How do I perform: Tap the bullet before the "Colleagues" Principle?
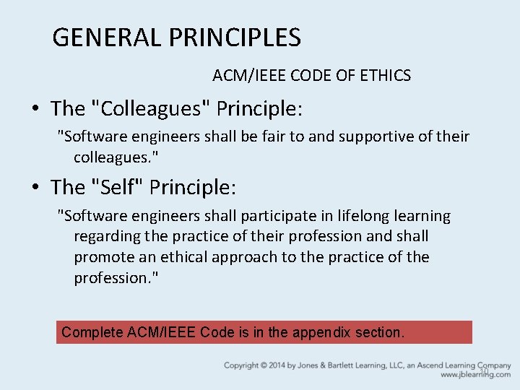coord(35,109)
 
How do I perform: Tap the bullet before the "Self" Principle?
coord(35,188)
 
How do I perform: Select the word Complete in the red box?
coord(92,332)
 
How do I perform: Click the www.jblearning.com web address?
coord(475,375)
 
